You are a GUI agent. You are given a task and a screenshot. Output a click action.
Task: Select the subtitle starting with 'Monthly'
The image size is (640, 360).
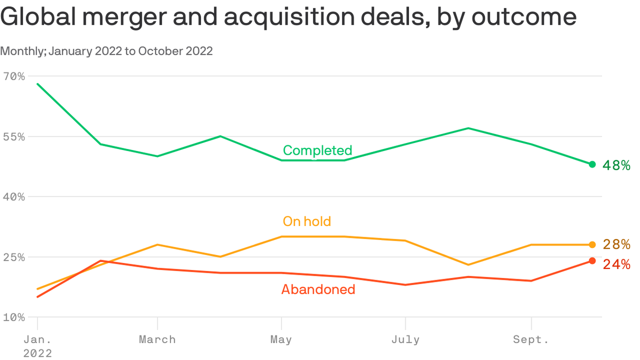[106, 51]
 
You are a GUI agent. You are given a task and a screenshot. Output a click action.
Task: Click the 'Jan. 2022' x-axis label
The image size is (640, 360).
[37, 346]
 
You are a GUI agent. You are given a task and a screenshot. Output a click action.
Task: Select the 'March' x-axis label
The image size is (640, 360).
[157, 339]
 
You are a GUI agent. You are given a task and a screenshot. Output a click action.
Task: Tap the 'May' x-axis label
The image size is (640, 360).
[281, 339]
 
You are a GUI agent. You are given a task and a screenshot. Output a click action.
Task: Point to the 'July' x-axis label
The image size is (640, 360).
[405, 339]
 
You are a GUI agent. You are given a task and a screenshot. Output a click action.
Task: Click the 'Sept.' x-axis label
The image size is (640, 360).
[531, 339]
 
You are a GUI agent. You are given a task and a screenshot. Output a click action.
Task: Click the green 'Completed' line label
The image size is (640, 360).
[317, 150]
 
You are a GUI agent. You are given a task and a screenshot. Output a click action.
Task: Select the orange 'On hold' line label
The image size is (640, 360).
[307, 221]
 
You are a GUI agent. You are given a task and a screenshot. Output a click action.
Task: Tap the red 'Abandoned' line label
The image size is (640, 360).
[318, 289]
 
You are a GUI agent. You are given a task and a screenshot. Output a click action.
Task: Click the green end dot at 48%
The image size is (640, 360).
[592, 164]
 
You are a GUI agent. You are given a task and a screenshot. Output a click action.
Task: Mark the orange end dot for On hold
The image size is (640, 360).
[592, 245]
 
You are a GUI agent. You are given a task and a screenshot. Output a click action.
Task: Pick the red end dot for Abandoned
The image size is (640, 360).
[592, 261]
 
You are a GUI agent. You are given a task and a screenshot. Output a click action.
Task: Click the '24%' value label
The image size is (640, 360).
[616, 265]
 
